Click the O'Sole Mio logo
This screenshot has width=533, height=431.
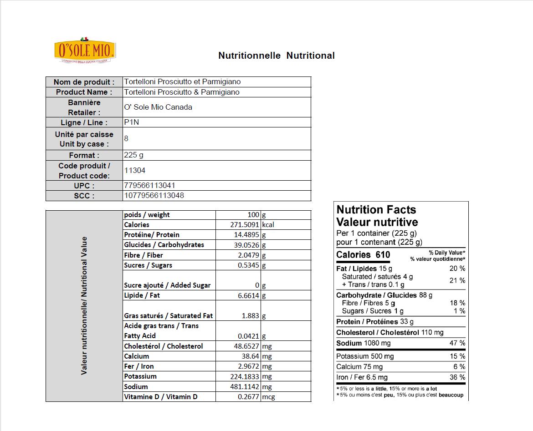click(x=85, y=50)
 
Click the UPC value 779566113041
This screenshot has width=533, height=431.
click(x=150, y=186)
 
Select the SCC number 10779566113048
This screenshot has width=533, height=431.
click(x=154, y=196)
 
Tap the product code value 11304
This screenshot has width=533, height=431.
click(x=135, y=170)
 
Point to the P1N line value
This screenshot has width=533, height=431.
click(x=132, y=122)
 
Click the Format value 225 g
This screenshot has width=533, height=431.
click(x=134, y=155)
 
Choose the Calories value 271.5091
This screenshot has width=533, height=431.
click(x=245, y=225)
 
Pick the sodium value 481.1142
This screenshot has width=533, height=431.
click(x=245, y=387)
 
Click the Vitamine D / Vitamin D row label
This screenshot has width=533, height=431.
click(x=160, y=397)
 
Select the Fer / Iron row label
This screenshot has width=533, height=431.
click(x=139, y=366)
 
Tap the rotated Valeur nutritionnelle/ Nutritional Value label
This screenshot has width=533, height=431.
click(x=84, y=306)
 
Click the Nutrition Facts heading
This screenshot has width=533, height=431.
click(x=376, y=210)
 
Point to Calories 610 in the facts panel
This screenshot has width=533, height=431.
click(x=363, y=255)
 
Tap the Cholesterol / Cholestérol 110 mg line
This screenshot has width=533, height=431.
click(x=389, y=333)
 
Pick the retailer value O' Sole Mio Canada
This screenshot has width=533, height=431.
click(x=158, y=107)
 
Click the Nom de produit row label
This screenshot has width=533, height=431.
click(x=84, y=82)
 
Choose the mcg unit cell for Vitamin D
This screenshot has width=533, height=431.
click(x=268, y=397)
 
